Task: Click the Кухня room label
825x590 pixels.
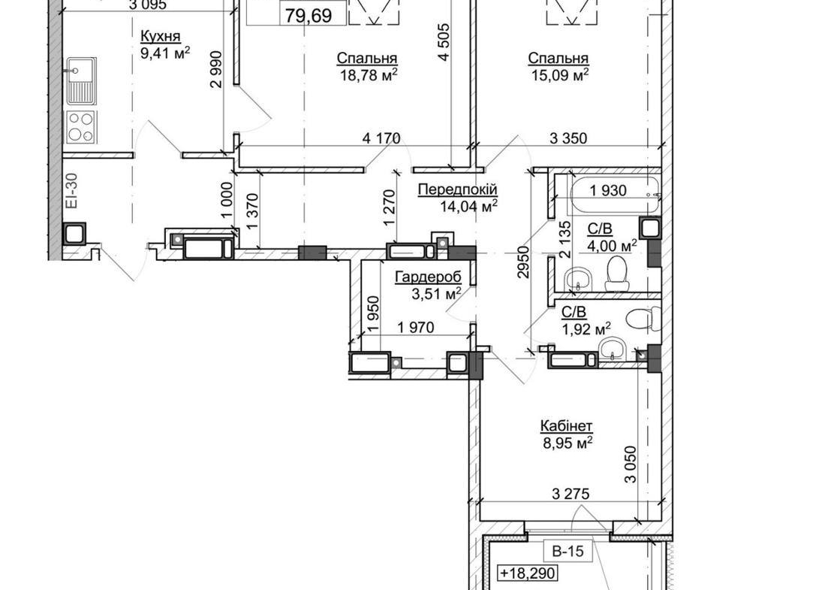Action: pos(161,37)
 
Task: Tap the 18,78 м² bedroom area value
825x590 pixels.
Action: pos(369,75)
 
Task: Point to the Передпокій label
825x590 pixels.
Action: pos(457,189)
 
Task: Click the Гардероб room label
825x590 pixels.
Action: pos(428,277)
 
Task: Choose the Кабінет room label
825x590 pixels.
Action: pos(567,425)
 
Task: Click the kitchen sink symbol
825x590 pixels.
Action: pos(81,81)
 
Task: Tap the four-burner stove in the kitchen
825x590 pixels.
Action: pos(80,126)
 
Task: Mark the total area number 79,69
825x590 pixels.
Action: pos(309,15)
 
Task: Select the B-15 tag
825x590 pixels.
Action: pos(568,551)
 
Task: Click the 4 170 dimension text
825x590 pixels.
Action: pos(381,138)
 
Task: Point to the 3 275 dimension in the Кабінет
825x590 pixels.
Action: pos(571,494)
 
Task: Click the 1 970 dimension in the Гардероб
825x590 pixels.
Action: pos(416,328)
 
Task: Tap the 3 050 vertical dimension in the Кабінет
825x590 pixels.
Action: pos(631,464)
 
